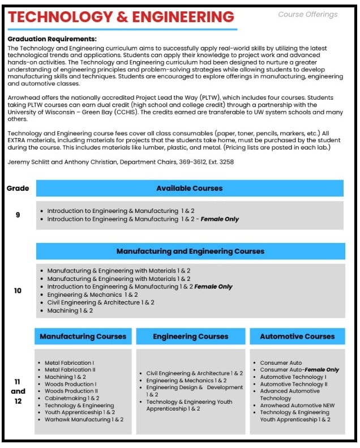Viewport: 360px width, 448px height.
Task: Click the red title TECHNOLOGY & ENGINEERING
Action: pos(121,17)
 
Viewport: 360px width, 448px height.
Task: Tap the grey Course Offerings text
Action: pos(307,15)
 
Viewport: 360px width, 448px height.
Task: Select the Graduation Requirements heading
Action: pos(52,39)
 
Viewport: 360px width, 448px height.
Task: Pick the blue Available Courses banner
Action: pos(189,188)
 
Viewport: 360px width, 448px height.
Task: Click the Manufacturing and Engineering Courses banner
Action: pos(190,251)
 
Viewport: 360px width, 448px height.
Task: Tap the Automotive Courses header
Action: pos(297,336)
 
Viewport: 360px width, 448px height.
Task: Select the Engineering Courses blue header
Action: pos(190,336)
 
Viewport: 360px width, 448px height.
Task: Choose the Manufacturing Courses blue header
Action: pos(83,336)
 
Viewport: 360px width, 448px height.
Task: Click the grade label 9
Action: pos(18,215)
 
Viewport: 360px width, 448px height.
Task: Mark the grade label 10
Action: pos(18,291)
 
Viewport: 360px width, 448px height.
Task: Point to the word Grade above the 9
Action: pos(18,188)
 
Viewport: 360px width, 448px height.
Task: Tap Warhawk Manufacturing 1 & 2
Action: pos(84,420)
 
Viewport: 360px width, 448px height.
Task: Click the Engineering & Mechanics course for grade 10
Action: pos(92,295)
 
